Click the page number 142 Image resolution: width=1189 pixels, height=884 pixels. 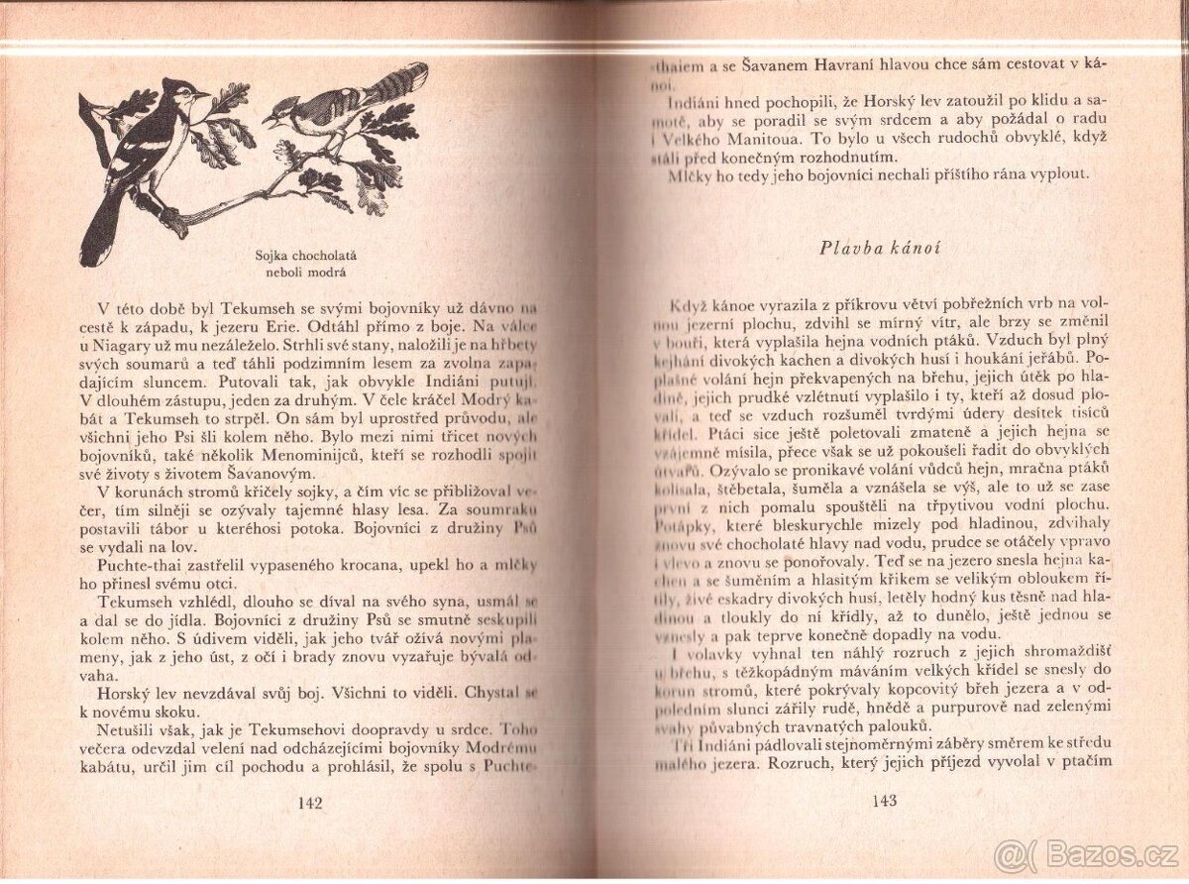[x=310, y=803]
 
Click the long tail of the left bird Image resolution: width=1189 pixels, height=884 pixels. [x=98, y=233]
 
